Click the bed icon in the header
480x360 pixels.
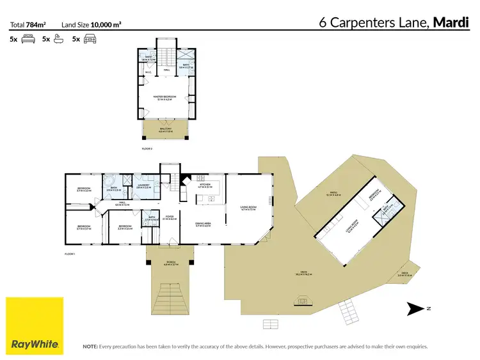click(x=29, y=39)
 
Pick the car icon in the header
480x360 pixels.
click(x=90, y=39)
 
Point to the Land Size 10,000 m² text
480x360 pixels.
click(x=91, y=25)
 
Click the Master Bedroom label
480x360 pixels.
click(x=164, y=97)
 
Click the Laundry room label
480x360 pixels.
click(x=143, y=186)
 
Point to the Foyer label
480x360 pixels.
click(x=169, y=217)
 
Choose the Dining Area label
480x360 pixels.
click(x=203, y=224)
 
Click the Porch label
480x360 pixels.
click(x=170, y=262)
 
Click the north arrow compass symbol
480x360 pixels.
click(x=420, y=309)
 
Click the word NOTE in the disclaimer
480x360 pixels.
click(x=90, y=347)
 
